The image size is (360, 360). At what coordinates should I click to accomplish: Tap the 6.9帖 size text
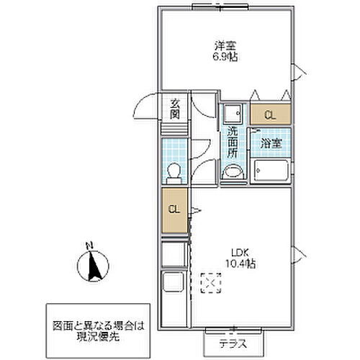[225, 57]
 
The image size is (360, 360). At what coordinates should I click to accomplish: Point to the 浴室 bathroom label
[271, 142]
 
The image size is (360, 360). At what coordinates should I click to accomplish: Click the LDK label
[239, 252]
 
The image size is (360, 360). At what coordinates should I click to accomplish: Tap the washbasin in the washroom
[233, 172]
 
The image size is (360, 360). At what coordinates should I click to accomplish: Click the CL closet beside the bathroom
[270, 114]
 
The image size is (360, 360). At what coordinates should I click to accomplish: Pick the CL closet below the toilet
[174, 210]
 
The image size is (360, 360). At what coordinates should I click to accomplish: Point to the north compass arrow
[92, 270]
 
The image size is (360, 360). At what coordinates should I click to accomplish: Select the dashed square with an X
[211, 283]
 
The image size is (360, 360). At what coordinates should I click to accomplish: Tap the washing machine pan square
[232, 113]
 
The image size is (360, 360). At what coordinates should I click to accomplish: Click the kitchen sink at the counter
[174, 286]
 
